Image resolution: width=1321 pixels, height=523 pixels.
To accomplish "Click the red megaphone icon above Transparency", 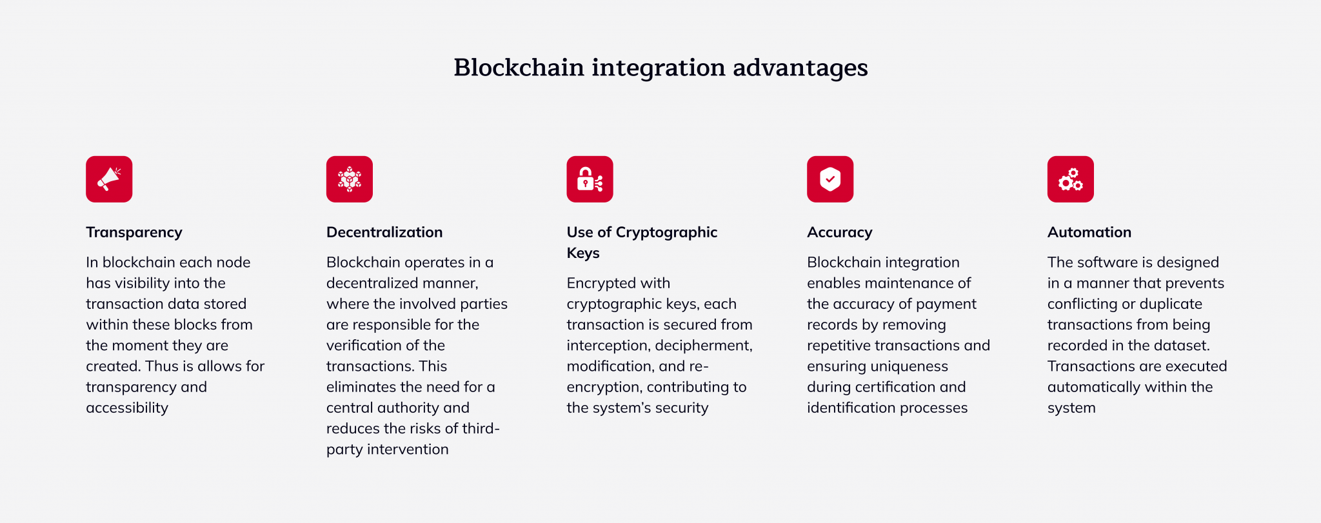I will pos(109,179).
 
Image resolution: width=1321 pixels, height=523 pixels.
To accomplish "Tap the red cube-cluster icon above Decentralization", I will pos(350,179).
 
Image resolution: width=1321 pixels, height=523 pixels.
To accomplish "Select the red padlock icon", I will pos(590,179).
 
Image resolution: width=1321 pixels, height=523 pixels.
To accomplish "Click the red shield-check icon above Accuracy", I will pos(830,179).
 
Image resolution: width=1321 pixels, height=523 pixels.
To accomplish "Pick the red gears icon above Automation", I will pos(1071,179).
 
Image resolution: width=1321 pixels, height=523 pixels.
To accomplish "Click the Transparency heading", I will pos(134,232).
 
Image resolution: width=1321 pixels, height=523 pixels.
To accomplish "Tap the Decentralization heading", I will pos(384,232).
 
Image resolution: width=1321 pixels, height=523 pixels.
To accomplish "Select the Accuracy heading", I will pos(840,232).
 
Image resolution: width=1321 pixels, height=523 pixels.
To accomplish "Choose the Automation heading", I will pos(1089,232).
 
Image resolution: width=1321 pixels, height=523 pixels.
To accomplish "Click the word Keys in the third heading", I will pos(583,253).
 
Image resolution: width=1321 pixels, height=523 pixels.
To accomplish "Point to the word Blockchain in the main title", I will pos(519,68).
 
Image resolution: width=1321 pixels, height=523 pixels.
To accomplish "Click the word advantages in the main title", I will pos(800,68).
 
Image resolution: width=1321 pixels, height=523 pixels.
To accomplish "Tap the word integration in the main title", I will pos(658,68).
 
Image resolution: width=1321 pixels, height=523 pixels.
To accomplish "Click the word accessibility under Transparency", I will pos(127,408).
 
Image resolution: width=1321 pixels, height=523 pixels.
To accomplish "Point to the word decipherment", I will pos(704,346).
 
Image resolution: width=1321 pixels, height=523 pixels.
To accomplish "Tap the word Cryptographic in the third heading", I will pos(666,232).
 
